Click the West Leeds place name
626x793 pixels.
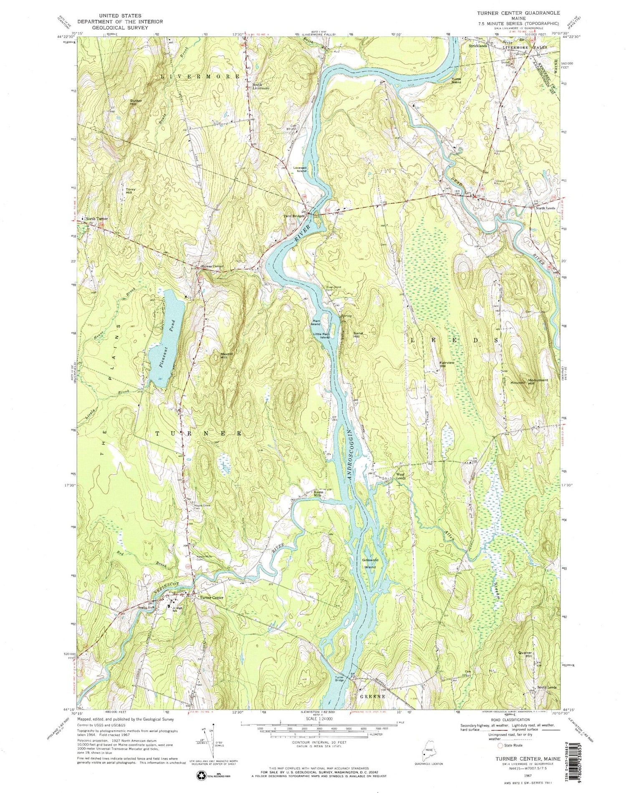[400, 475]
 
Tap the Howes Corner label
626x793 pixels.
[212, 267]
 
